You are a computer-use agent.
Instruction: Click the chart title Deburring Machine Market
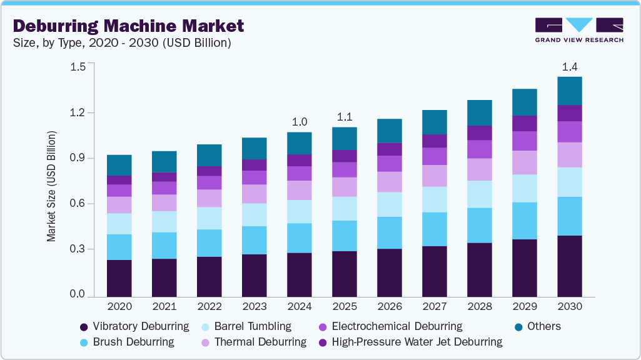(x=128, y=26)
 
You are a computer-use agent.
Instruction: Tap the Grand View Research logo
(x=578, y=30)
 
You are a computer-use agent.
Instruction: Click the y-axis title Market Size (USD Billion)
(x=52, y=186)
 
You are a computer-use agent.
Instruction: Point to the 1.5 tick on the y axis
(x=78, y=67)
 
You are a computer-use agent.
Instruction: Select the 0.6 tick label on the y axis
(x=78, y=204)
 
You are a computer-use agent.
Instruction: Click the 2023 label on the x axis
(x=255, y=307)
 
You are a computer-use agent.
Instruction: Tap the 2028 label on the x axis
(x=480, y=307)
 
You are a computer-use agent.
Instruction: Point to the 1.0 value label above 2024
(x=300, y=121)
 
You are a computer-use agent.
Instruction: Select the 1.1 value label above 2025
(x=345, y=116)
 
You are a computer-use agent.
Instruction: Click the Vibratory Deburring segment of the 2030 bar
(x=570, y=265)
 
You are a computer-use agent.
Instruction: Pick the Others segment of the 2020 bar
(x=119, y=165)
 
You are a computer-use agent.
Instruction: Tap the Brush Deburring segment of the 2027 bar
(x=435, y=229)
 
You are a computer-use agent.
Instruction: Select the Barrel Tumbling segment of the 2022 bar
(x=209, y=218)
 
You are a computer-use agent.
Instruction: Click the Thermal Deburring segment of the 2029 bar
(x=525, y=162)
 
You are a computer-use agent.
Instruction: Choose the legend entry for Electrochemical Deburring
(x=390, y=326)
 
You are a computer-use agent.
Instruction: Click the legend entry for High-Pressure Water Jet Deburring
(x=410, y=342)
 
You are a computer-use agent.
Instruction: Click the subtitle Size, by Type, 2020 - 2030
(x=123, y=43)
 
